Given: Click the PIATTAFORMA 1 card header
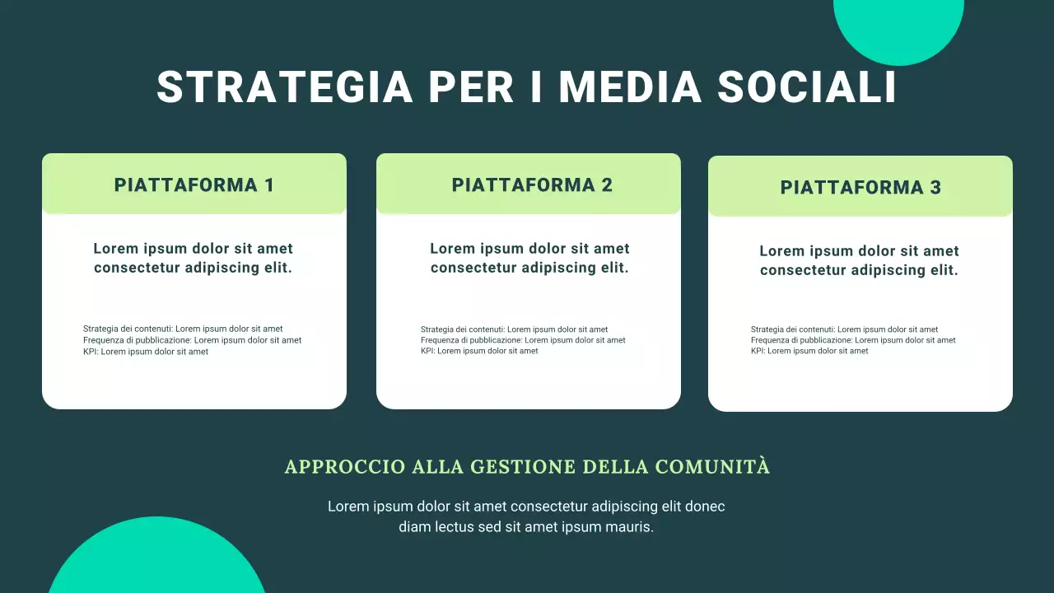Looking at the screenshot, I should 194,184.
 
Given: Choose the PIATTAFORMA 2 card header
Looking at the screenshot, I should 532,184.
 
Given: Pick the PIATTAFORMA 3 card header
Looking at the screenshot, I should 860,187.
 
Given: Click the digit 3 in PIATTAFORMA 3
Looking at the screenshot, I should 935,187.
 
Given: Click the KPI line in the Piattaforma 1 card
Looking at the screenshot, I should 146,352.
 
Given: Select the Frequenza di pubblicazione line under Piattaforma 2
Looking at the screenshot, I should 523,340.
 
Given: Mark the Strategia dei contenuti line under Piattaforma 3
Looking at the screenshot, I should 844,329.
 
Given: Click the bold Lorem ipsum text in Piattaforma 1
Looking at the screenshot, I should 194,258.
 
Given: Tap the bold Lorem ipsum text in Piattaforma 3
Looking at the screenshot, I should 859,260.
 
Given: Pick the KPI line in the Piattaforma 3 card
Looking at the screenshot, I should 809,351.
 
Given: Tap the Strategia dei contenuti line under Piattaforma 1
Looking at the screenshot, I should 183,329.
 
